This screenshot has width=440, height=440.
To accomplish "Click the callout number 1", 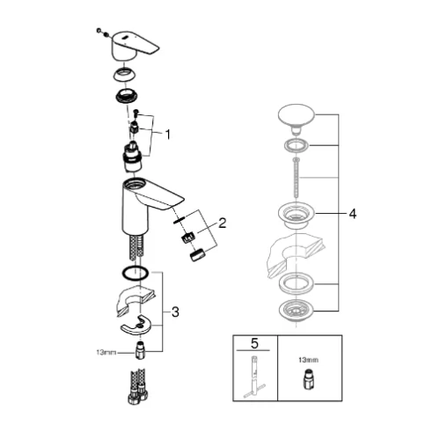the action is pyautogui.click(x=167, y=135).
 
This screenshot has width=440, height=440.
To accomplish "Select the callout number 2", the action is pyautogui.click(x=223, y=223).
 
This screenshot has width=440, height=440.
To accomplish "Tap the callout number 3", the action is pyautogui.click(x=175, y=312).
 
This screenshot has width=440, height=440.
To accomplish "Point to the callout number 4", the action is pyautogui.click(x=353, y=214).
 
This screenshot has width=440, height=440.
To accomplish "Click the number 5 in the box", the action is pyautogui.click(x=254, y=343).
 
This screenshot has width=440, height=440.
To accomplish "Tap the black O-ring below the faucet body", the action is pyautogui.click(x=136, y=274).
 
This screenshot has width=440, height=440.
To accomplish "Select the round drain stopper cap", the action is pyautogui.click(x=297, y=117).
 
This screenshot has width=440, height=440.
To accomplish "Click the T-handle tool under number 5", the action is pyautogui.click(x=254, y=377).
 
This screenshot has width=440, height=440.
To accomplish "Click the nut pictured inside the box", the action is pyautogui.click(x=308, y=380).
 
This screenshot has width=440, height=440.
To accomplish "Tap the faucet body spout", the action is pyautogui.click(x=147, y=205).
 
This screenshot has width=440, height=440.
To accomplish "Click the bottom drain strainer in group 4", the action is pyautogui.click(x=296, y=311).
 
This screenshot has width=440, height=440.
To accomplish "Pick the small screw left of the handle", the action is pyautogui.click(x=99, y=30).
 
